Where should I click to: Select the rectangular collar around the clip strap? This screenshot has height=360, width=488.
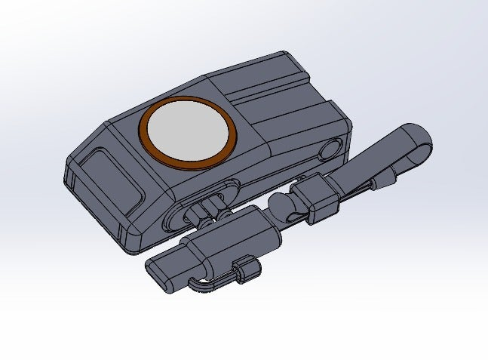[x=316, y=195]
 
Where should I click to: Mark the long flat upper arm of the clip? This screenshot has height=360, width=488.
[x=377, y=158]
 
